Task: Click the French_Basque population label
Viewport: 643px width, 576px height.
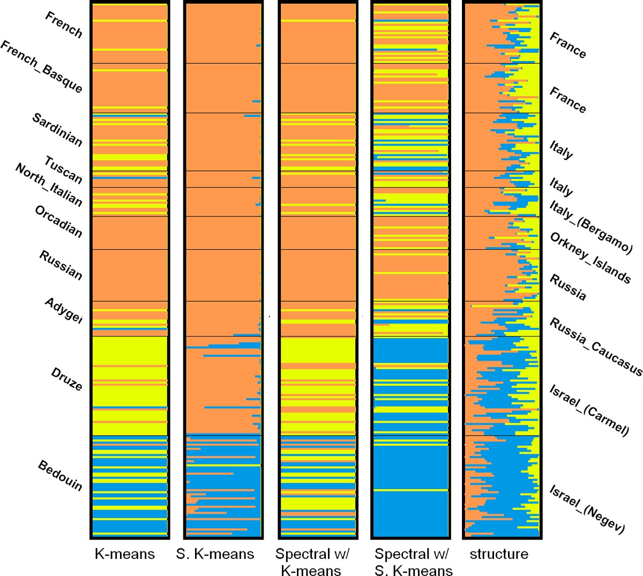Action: point(42,66)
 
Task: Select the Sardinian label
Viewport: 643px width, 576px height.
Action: point(57,130)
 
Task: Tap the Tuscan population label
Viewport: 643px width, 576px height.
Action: point(63,170)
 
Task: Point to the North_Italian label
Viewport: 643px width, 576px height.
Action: point(49,185)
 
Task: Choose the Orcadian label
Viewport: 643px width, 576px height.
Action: point(58,221)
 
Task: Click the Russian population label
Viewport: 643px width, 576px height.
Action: point(61,265)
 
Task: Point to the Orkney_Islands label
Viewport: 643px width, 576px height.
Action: point(590,258)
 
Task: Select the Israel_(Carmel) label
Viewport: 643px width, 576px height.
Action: point(589,410)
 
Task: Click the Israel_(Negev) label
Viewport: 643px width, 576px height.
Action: point(587,509)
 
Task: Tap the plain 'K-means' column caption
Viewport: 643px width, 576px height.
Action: point(124,554)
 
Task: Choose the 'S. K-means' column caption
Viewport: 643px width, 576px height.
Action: point(215,554)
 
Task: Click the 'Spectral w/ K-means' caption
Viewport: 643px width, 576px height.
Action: point(311,562)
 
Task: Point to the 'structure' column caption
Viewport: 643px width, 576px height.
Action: point(499,554)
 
